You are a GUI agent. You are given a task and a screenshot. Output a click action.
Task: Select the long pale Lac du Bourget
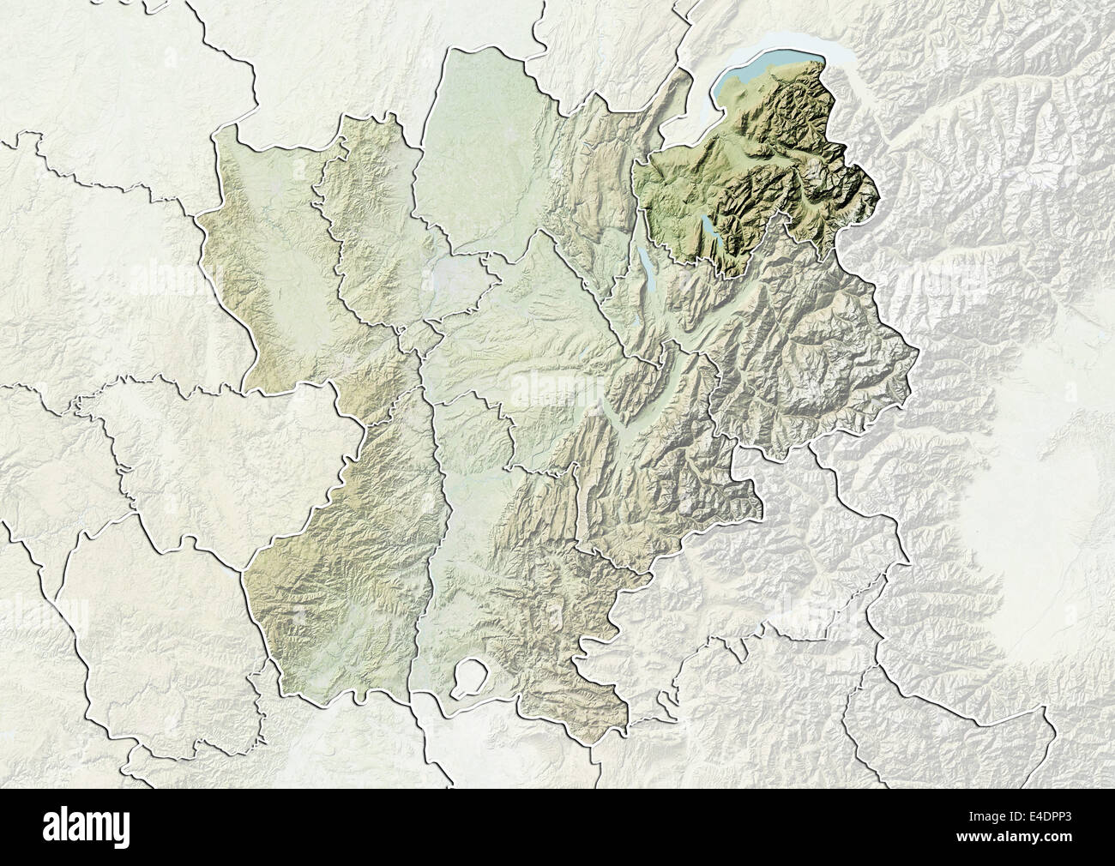(x=645, y=265)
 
